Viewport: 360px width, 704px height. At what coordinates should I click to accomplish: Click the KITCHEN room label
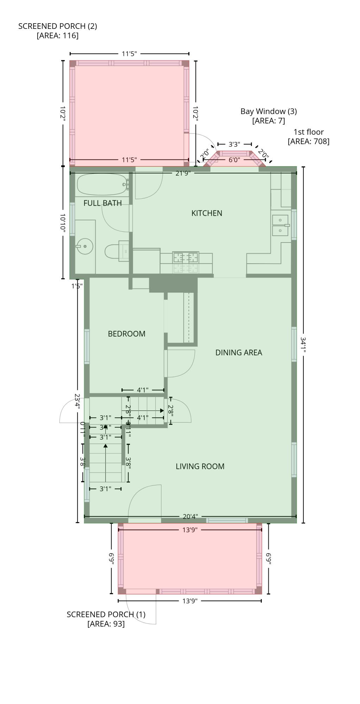(x=207, y=213)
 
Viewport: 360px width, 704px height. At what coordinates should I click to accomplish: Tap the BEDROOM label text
(x=126, y=334)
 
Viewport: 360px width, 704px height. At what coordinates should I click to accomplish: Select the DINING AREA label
(x=239, y=352)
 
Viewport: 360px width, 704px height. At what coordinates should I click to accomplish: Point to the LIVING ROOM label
(x=200, y=466)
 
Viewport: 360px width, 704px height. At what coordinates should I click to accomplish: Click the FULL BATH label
(x=102, y=203)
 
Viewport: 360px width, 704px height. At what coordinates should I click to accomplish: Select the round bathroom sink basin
(x=85, y=246)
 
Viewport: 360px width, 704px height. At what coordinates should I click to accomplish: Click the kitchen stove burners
(x=185, y=258)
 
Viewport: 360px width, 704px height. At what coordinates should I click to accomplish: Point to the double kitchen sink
(x=280, y=225)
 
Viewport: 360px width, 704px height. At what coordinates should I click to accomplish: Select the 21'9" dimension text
(x=183, y=173)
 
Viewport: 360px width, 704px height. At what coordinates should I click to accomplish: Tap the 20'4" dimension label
(x=190, y=516)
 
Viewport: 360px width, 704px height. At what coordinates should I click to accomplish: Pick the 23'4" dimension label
(x=77, y=401)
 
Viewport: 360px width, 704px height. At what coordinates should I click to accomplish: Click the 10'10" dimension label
(x=63, y=223)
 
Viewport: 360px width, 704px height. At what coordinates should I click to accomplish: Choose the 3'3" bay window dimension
(x=234, y=144)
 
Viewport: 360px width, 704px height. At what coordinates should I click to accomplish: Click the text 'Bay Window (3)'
(x=269, y=111)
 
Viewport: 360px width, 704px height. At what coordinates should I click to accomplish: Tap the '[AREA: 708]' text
(x=308, y=142)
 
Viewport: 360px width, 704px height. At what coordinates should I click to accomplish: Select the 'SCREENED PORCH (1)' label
(x=106, y=614)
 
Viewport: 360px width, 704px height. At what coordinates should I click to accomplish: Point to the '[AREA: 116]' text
(x=57, y=36)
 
